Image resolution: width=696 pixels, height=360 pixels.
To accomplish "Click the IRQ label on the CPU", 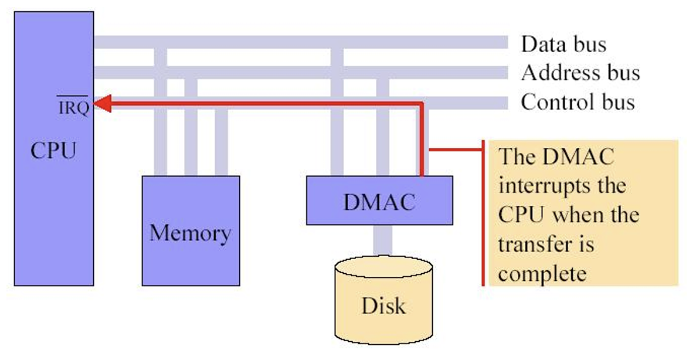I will coord(73,108).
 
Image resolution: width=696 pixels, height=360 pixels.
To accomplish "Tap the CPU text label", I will coord(53,151).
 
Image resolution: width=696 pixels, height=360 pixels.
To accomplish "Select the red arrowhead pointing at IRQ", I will coord(103,104).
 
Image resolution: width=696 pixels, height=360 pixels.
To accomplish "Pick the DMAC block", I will coord(379,201).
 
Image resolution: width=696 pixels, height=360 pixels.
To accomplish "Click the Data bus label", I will coord(563,43).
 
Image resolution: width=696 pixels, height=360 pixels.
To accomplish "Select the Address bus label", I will coord(580,73).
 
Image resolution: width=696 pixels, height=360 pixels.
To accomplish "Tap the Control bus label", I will coord(578,102).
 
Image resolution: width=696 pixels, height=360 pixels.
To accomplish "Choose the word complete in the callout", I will coord(542,273).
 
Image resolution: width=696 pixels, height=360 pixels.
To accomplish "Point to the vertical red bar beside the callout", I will coord(483,213).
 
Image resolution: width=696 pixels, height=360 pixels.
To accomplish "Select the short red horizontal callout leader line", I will coord(455,150).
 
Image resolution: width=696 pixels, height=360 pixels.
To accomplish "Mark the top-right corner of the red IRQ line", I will coord(421,105).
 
